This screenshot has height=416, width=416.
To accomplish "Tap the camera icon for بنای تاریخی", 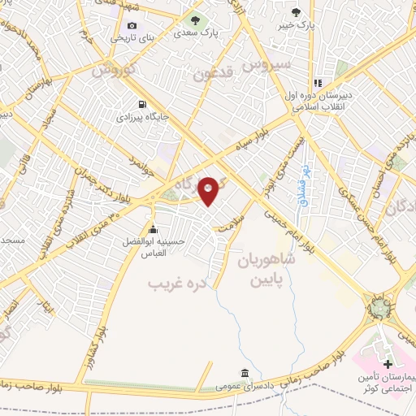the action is (x=132, y=25).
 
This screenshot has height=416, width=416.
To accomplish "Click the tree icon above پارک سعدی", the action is (x=194, y=19).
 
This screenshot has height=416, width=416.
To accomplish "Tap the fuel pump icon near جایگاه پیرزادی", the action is (x=143, y=104).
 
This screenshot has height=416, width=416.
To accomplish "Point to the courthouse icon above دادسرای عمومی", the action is (x=240, y=373).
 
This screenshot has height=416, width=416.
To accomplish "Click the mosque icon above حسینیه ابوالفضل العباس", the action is (x=153, y=228).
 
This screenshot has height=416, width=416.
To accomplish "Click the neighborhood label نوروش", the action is (x=111, y=71).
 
